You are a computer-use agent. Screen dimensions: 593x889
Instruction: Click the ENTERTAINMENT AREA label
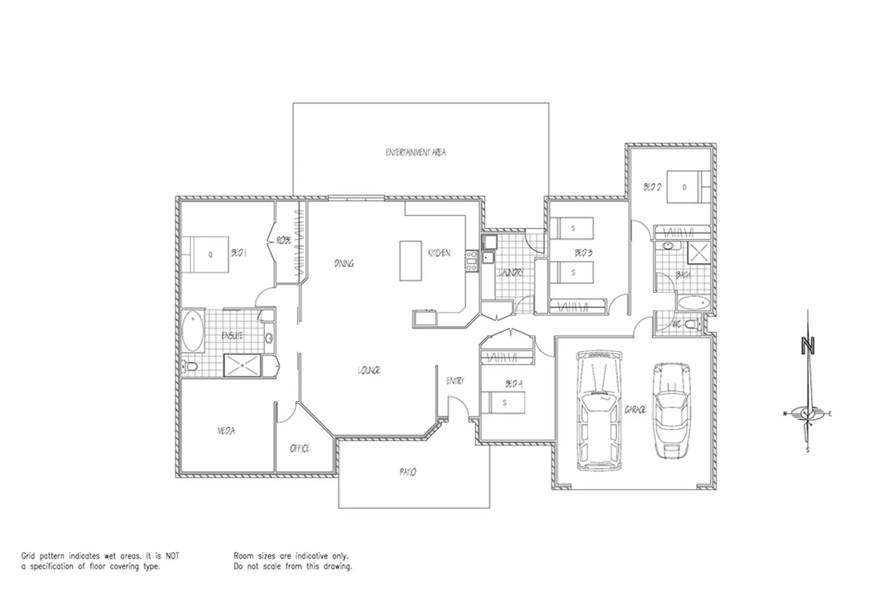[415, 153]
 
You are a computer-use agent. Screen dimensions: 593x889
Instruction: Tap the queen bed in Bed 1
[205, 255]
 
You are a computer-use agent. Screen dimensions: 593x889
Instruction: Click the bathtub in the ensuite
[193, 331]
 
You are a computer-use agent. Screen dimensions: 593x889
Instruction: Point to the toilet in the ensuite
[190, 367]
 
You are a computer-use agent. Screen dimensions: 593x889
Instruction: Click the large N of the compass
[807, 346]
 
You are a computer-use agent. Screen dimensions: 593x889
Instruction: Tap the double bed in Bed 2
[688, 187]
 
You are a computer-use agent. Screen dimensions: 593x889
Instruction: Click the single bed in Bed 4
[503, 403]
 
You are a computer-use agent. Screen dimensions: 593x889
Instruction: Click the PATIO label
[408, 472]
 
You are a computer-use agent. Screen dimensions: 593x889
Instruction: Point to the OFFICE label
[300, 449]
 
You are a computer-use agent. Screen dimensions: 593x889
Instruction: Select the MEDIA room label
[226, 431]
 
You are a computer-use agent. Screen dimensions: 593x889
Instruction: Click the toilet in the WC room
[695, 324]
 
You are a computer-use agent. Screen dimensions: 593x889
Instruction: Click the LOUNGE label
[369, 371]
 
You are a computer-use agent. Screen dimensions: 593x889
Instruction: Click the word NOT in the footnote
[172, 556]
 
